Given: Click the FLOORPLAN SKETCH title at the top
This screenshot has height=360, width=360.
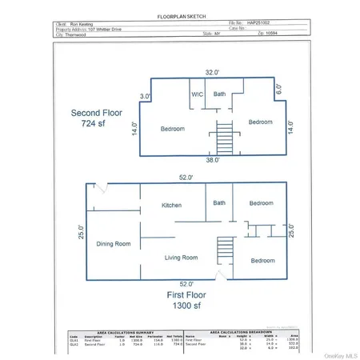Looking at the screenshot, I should tap(178, 15).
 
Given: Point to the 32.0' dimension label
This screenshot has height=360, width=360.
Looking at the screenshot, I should tap(211, 72).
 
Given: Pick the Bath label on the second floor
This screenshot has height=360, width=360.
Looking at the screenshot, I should tap(219, 94).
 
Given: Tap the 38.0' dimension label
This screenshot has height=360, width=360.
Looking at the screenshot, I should tap(210, 160).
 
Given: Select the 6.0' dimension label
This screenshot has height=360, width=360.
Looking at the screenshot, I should tap(279, 90).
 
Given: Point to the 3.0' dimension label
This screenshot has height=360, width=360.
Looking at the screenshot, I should tap(145, 97).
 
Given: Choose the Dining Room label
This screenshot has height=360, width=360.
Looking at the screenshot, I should tap(113, 244).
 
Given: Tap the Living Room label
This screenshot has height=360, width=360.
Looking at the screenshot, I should tap(181, 258).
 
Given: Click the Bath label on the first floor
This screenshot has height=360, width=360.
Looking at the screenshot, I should tap(219, 203).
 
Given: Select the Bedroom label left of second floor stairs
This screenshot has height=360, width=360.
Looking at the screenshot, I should tap(172, 129).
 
